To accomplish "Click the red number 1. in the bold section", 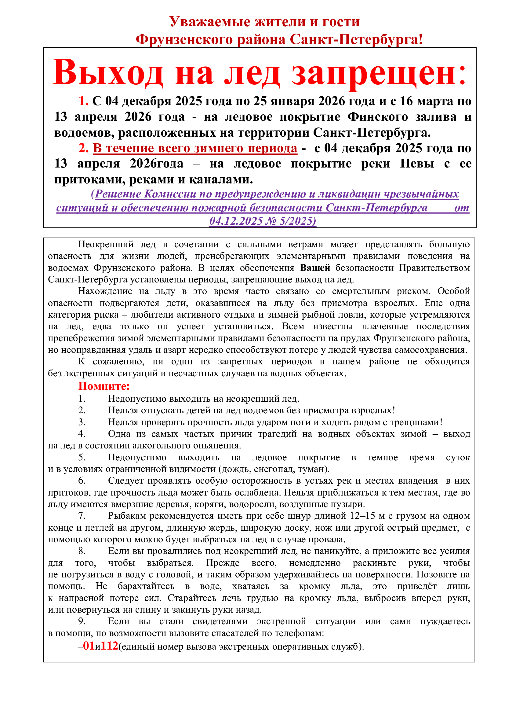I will (x=83, y=101).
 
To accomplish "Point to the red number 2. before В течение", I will (x=83, y=148).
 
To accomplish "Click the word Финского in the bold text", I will (x=377, y=117).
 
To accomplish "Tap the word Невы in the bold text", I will (x=417, y=164).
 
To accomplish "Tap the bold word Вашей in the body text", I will (x=315, y=268).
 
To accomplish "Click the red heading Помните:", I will (x=104, y=386).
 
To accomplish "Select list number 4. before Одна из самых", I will (x=82, y=434).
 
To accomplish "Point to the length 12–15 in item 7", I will (x=362, y=516).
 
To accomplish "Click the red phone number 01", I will (x=89, y=646).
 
